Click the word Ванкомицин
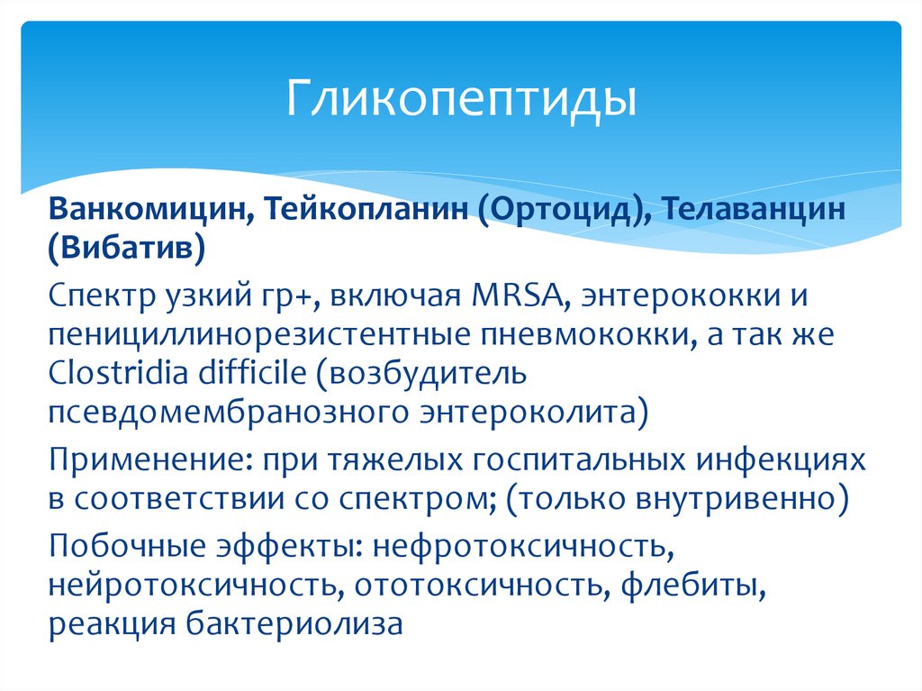(149, 210)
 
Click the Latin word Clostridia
(122, 372)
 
